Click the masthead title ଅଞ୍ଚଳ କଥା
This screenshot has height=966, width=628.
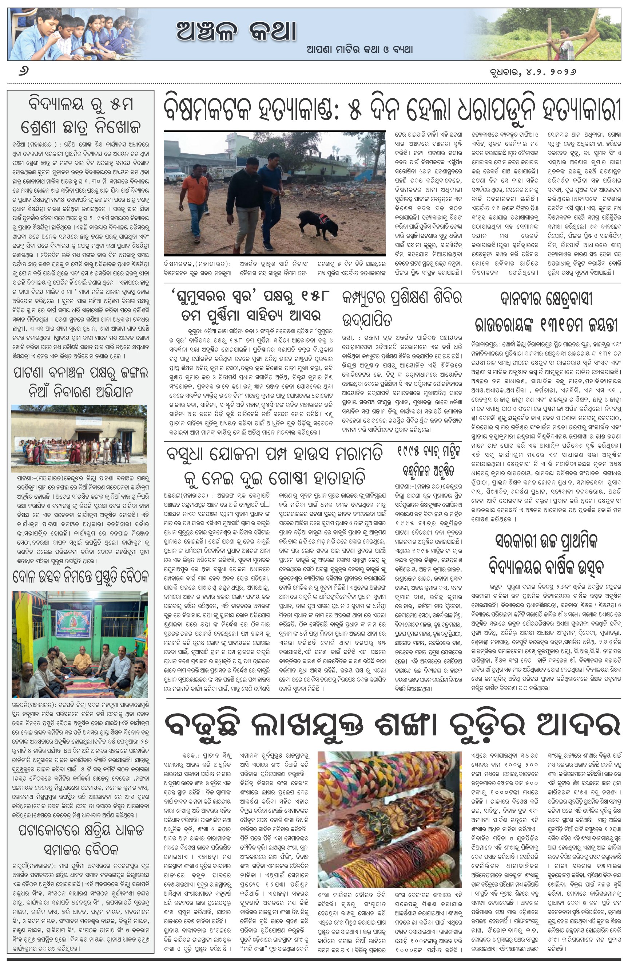[236, 31]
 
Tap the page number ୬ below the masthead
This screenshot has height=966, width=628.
[24, 72]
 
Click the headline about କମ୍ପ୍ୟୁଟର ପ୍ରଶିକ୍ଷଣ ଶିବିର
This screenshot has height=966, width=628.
[401, 309]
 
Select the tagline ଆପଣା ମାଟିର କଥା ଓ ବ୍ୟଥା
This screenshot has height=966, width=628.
[359, 50]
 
